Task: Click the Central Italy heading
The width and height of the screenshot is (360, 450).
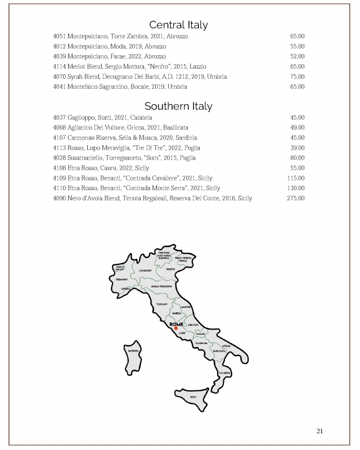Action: pyautogui.click(x=178, y=25)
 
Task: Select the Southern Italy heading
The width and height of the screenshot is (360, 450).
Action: pyautogui.click(x=178, y=106)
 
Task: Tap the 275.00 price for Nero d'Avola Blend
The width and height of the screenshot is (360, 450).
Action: pyautogui.click(x=295, y=198)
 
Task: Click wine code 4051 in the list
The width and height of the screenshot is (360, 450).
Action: pyautogui.click(x=60, y=36)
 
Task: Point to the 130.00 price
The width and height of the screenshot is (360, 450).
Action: pyautogui.click(x=295, y=188)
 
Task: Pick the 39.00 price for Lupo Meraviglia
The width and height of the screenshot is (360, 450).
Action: pyautogui.click(x=296, y=147)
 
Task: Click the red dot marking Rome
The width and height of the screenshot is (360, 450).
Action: pyautogui.click(x=175, y=328)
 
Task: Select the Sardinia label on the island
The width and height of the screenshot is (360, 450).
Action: pyautogui.click(x=133, y=350)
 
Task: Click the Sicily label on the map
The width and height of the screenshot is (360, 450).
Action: pyautogui.click(x=193, y=397)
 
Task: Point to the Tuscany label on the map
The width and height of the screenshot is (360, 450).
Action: pyautogui.click(x=162, y=304)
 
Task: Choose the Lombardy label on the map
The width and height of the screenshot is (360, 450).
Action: pyautogui.click(x=146, y=271)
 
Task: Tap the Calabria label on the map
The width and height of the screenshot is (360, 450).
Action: pyautogui.click(x=224, y=372)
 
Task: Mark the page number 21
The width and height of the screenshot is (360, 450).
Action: pyautogui.click(x=319, y=431)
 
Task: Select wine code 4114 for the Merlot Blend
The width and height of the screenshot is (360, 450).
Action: pyautogui.click(x=60, y=66)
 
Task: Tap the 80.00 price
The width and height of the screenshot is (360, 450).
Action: pyautogui.click(x=296, y=157)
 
